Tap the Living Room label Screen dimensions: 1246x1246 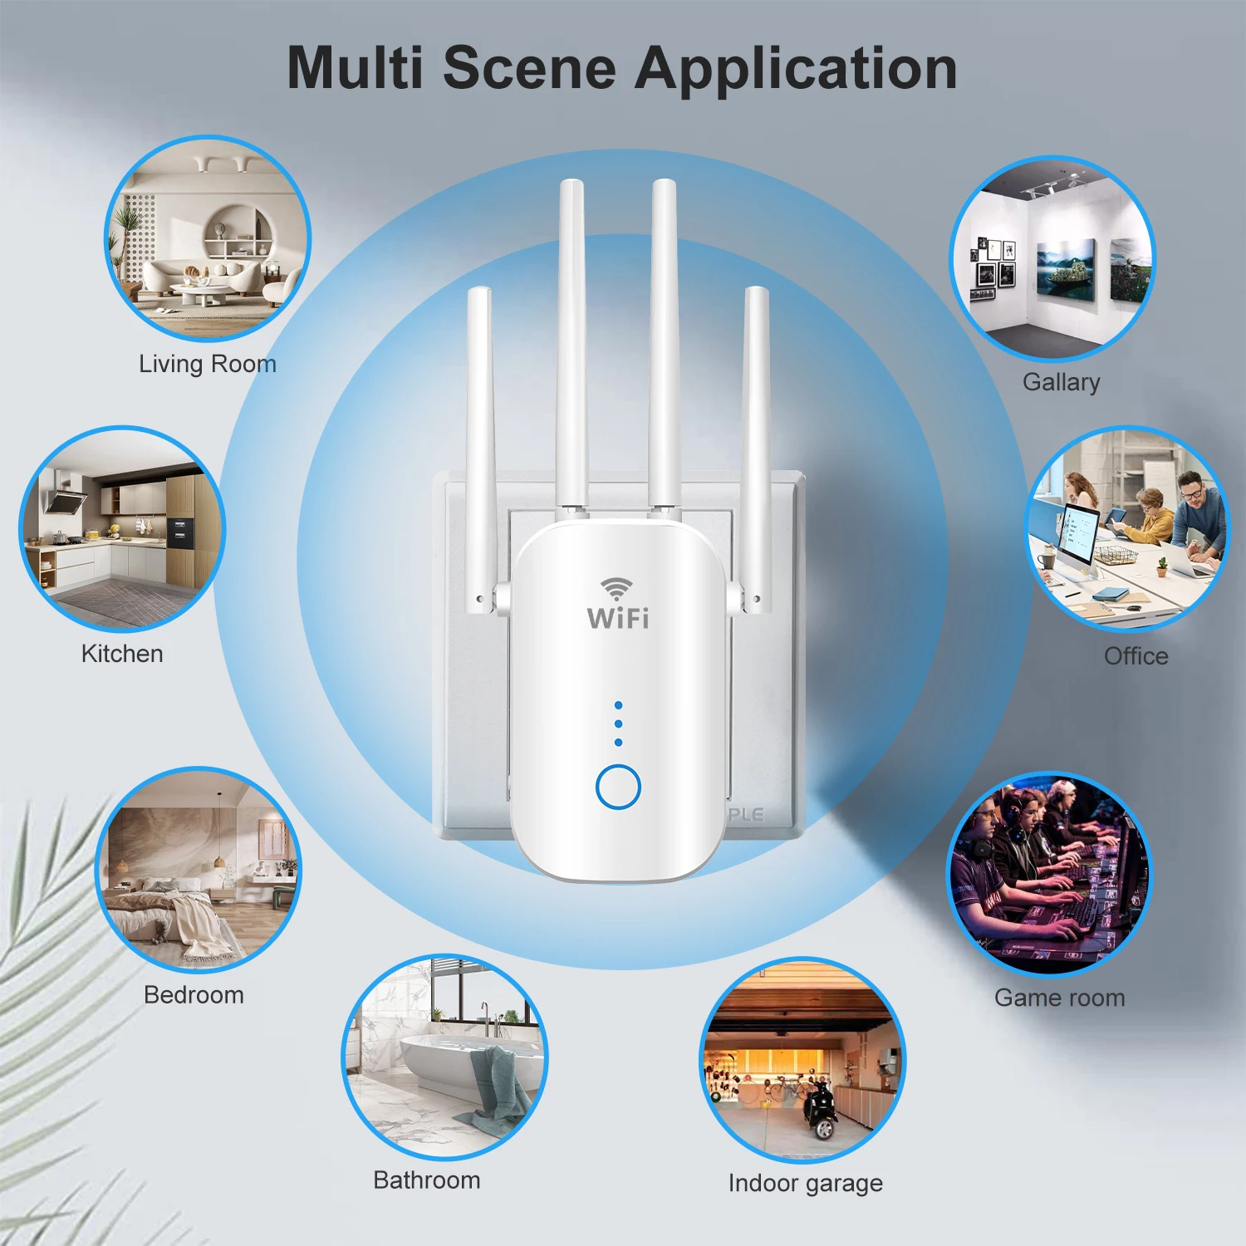(x=207, y=364)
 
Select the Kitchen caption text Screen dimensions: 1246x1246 (x=122, y=654)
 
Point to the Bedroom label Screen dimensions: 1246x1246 (x=194, y=994)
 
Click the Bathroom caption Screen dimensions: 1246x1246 (x=426, y=1180)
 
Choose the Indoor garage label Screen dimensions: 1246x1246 (x=805, y=1182)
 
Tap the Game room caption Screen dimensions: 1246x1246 (x=1059, y=997)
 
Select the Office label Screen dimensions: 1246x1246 (x=1136, y=656)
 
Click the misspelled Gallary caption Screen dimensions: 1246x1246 (x=1061, y=382)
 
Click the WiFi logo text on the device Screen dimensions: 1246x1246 (x=618, y=618)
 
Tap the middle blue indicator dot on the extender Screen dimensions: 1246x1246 (x=618, y=724)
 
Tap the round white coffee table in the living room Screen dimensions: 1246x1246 (x=199, y=291)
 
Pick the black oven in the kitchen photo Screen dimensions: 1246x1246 (x=179, y=532)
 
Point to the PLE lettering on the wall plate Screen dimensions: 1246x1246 (x=745, y=815)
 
